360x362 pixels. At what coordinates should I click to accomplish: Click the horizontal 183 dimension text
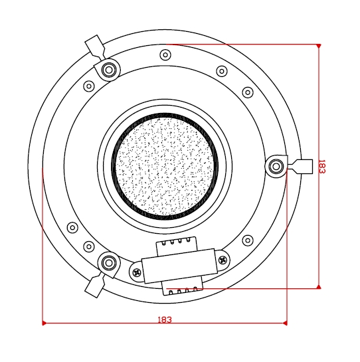[x=165, y=319]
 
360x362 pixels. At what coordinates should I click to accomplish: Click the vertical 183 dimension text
[x=322, y=166]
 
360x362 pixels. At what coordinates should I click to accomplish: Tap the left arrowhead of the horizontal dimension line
[x=44, y=323]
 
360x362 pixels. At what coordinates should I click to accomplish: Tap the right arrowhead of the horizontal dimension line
[x=285, y=323]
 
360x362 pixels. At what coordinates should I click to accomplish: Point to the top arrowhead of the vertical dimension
[x=319, y=46]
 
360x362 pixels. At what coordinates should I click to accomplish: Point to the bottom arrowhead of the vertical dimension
[x=319, y=287]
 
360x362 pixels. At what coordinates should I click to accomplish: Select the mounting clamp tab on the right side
[x=302, y=165]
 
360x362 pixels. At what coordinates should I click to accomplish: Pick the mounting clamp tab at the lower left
[x=94, y=286]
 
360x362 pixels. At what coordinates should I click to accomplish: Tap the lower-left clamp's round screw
[x=108, y=262]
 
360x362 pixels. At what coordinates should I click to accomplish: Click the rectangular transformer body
[x=179, y=266]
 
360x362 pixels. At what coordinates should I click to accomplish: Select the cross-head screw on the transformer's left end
[x=137, y=272]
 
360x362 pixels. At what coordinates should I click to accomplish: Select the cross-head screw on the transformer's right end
[x=223, y=260]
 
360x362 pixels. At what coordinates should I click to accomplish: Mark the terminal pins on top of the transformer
[x=176, y=244]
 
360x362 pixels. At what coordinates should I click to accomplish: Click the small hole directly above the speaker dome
[x=165, y=54]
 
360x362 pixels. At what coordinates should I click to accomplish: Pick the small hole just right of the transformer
[x=248, y=240]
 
